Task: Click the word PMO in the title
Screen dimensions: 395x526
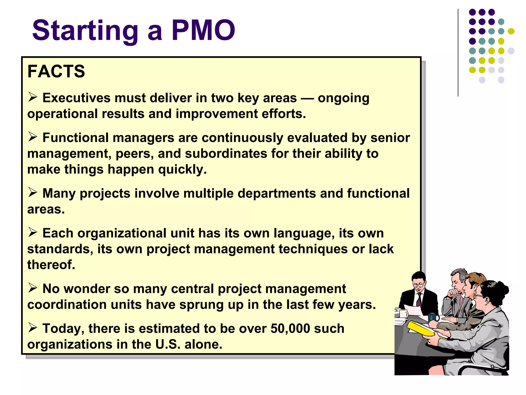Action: [x=203, y=30]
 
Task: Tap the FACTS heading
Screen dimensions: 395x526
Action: [x=56, y=71]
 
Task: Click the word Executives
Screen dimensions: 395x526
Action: [x=76, y=98]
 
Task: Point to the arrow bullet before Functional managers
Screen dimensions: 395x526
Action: [x=33, y=137]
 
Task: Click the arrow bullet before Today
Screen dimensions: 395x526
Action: [x=33, y=328]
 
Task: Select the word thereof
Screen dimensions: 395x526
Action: [x=51, y=265]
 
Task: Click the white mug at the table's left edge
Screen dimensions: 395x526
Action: [x=403, y=313]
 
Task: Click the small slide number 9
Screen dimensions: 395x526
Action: [x=492, y=367]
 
